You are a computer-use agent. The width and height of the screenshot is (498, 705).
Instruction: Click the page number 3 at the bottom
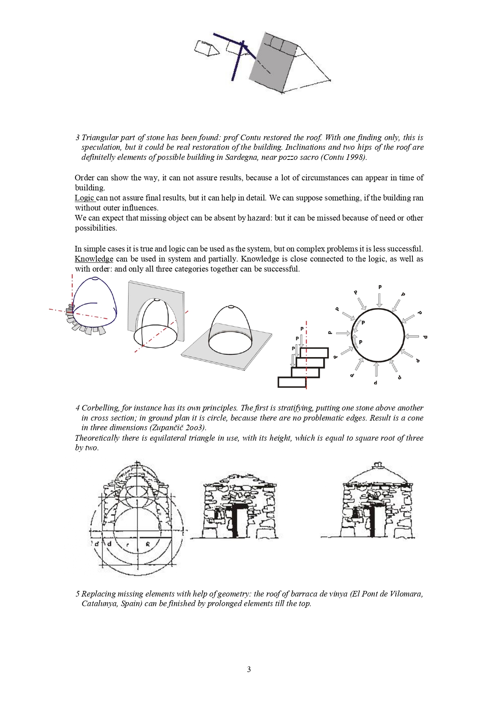pos(249,669)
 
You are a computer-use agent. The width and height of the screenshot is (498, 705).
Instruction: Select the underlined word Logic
pos(84,198)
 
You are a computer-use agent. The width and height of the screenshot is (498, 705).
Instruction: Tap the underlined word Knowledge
pos(94,259)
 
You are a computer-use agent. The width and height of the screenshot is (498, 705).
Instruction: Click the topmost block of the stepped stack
pos(314,353)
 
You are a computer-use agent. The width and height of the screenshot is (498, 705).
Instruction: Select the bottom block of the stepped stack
pos(292,382)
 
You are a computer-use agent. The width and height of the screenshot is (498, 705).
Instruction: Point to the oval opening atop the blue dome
pos(95,278)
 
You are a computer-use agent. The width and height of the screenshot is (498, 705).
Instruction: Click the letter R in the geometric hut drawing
pos(148,545)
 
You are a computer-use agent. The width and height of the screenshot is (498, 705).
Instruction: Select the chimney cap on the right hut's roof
pos(377,466)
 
